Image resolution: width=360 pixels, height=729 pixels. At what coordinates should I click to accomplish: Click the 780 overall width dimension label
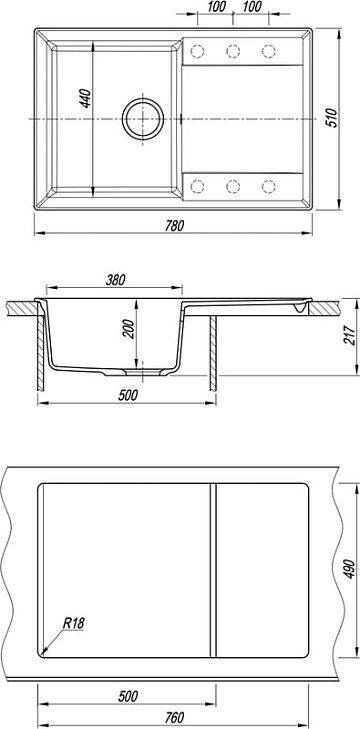click(x=174, y=225)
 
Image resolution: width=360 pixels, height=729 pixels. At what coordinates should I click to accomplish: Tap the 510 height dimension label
click(x=330, y=118)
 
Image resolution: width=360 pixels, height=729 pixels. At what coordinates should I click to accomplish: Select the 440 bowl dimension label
click(x=86, y=98)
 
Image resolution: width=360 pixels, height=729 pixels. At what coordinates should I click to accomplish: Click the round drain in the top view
click(x=143, y=119)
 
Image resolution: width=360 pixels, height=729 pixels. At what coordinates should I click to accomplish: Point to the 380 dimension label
click(x=115, y=280)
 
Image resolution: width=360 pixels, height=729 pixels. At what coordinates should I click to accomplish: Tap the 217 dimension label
click(x=349, y=335)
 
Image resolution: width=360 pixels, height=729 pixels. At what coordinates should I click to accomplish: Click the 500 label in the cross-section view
click(x=128, y=395)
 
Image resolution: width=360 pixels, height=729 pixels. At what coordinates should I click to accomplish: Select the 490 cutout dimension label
click(x=350, y=570)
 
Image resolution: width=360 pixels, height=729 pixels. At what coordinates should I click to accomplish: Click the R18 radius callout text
click(x=73, y=623)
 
